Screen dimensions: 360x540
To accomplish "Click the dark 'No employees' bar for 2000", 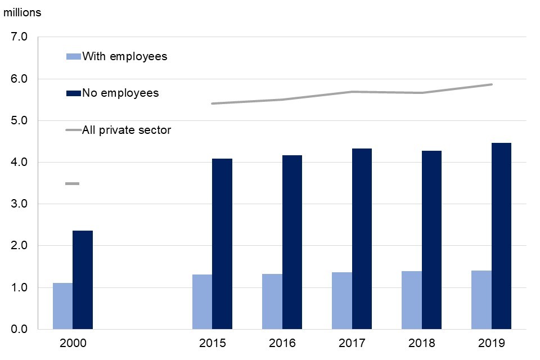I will point(83,280).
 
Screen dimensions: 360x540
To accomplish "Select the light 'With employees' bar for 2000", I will point(62,306).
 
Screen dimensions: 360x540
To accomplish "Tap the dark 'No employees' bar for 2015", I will point(222,244).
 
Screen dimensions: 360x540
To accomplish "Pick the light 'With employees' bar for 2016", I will point(272,301).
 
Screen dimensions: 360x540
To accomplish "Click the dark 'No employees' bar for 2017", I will point(362,238).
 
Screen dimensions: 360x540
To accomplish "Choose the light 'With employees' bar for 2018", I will point(412,300).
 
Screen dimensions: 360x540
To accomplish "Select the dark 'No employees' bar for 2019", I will point(501,236).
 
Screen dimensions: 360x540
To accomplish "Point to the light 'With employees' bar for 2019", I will point(481,300).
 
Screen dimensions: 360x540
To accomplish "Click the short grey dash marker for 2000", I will point(72,183).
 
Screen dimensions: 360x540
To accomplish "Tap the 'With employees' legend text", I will point(124,56).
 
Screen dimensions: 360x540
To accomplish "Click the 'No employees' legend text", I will point(120,93).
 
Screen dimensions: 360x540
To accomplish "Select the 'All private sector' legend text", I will point(127,130).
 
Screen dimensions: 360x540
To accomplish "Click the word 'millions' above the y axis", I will point(22,12).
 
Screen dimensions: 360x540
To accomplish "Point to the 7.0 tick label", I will point(19,37).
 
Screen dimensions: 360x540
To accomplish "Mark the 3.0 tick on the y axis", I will point(19,204).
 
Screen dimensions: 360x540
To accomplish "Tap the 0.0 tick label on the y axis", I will point(19,329).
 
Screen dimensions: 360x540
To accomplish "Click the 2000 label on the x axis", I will point(73,343).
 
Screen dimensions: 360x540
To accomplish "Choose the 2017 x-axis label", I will point(352,343).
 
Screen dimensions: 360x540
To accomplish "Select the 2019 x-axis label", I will point(491,343).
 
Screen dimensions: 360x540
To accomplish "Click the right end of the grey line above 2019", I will point(491,84).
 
